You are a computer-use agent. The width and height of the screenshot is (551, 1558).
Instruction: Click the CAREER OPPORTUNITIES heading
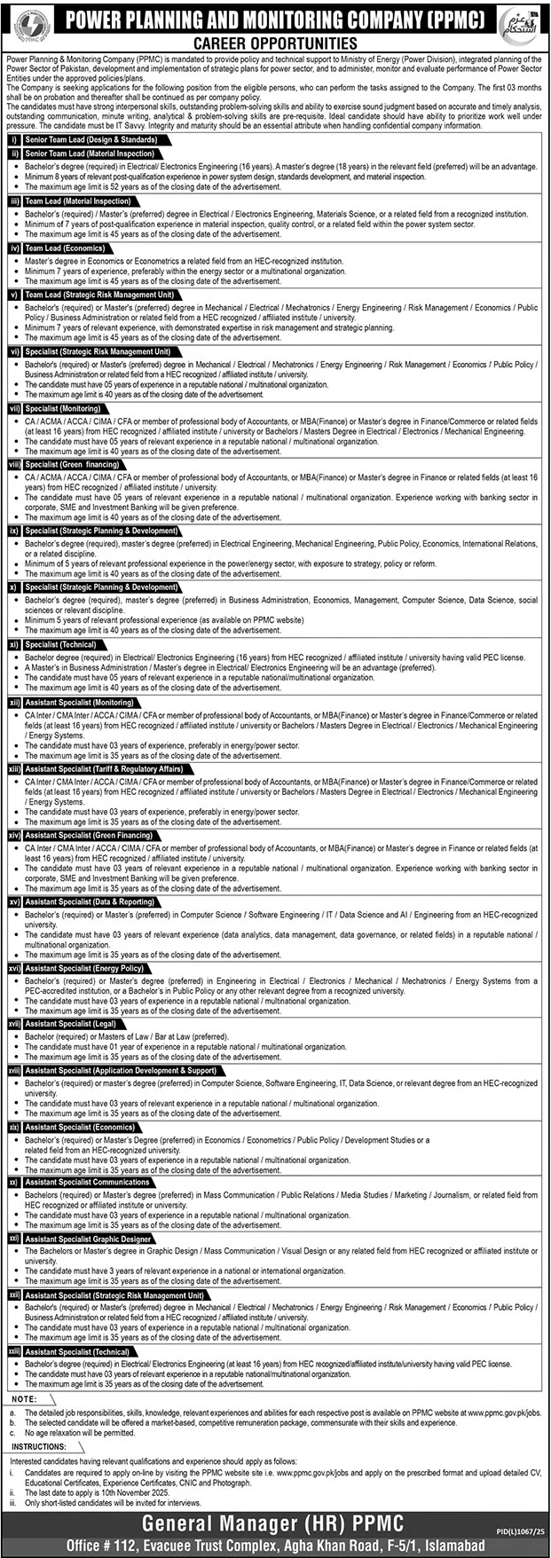(x=275, y=43)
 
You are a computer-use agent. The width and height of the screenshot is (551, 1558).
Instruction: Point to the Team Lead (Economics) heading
(x=65, y=248)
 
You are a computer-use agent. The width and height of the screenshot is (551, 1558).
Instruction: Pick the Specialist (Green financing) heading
(x=72, y=464)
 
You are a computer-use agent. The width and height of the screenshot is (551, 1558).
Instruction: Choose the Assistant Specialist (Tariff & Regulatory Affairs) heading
(x=104, y=769)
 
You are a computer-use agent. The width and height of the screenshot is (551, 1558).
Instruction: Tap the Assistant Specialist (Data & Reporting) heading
(x=91, y=901)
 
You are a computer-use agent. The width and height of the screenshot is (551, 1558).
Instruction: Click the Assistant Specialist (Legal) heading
(x=70, y=1024)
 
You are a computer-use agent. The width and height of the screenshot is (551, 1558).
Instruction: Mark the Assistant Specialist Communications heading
(x=87, y=1182)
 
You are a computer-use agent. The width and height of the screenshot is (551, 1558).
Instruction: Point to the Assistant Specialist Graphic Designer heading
(x=88, y=1239)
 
